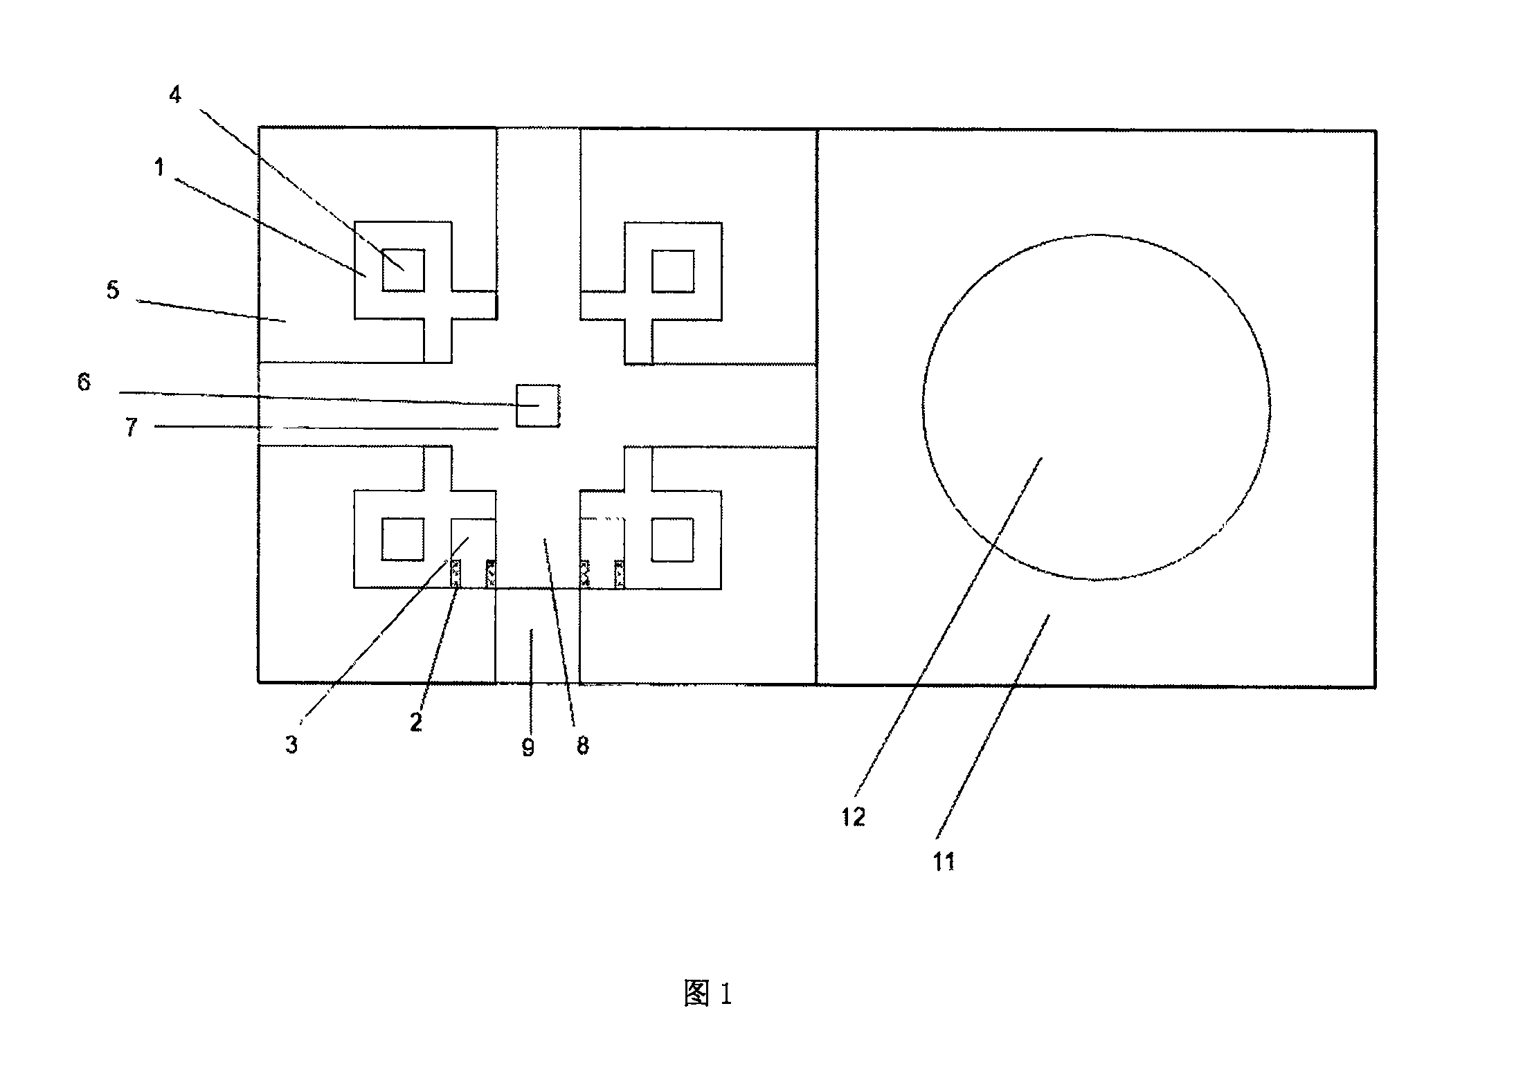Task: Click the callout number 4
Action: [x=175, y=95]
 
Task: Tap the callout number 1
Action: [x=160, y=167]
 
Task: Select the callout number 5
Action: [x=113, y=290]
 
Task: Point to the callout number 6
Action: [x=84, y=382]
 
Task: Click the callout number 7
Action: [x=132, y=427]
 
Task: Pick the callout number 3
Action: [x=291, y=744]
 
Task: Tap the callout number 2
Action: [x=415, y=722]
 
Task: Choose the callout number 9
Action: [x=528, y=747]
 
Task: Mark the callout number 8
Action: [x=582, y=745]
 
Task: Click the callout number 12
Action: [x=854, y=817]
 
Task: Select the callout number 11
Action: [x=944, y=861]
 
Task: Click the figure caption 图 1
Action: [x=708, y=994]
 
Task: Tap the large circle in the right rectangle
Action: [x=923, y=407]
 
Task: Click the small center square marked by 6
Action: [x=538, y=405]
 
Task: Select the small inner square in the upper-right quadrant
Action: [x=673, y=271]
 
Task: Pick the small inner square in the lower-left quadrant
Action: [x=403, y=540]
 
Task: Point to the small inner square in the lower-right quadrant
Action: [x=673, y=540]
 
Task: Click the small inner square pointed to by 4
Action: [x=403, y=271]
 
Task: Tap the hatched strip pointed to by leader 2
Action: [x=456, y=574]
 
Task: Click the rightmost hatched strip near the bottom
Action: [x=620, y=574]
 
